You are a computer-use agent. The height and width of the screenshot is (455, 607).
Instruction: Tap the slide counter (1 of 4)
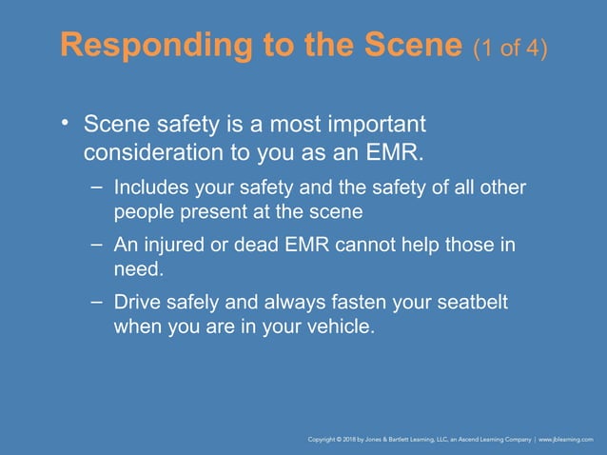click(x=510, y=49)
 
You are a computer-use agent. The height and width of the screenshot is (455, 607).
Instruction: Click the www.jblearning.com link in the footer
click(x=566, y=441)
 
